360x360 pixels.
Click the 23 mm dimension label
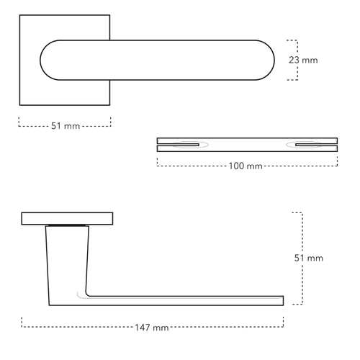pyautogui.click(x=302, y=60)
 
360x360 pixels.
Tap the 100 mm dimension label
pyautogui.click(x=245, y=166)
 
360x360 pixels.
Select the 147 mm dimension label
pyautogui.click(x=151, y=328)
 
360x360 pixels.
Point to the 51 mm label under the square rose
pyautogui.click(x=65, y=126)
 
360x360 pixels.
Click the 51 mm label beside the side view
pyautogui.click(x=310, y=258)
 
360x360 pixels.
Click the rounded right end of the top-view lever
pyautogui.click(x=266, y=60)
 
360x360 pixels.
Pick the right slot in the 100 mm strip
pyautogui.click(x=305, y=145)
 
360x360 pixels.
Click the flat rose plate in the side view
pyautogui.click(x=68, y=218)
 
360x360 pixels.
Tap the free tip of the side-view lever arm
pyautogui.click(x=282, y=300)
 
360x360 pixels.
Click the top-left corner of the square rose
pyautogui.click(x=19, y=15)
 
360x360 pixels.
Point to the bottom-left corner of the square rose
pyautogui.click(x=19, y=105)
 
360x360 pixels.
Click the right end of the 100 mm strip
pyautogui.click(x=336, y=145)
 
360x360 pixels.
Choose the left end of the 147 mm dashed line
pyautogui.click(x=22, y=322)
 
